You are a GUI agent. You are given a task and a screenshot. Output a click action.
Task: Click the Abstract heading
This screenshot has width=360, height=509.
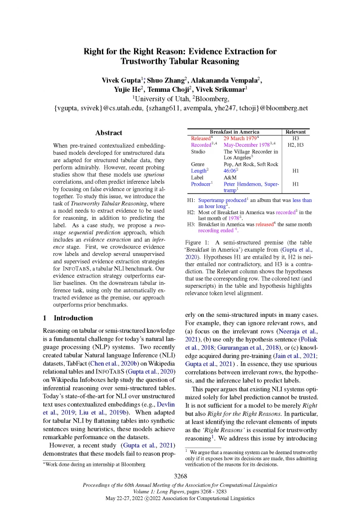108,133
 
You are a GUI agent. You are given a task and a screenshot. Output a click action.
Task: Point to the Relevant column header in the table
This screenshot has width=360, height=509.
295,132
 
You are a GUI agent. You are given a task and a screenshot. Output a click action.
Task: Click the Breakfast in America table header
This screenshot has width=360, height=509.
234,132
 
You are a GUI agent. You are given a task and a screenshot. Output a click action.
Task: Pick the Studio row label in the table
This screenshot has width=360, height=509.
198,151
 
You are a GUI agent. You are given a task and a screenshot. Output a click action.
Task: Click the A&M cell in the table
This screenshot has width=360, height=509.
230,178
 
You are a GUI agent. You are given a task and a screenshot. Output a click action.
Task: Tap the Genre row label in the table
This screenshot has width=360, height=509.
198,165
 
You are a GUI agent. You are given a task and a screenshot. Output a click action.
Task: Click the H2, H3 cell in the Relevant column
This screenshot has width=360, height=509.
295,145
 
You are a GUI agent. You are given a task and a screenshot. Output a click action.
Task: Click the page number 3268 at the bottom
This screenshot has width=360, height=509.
180,476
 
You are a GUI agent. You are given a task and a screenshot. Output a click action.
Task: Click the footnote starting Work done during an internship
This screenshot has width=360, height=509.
94,464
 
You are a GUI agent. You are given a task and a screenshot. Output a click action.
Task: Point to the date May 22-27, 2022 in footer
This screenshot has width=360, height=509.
131,497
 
